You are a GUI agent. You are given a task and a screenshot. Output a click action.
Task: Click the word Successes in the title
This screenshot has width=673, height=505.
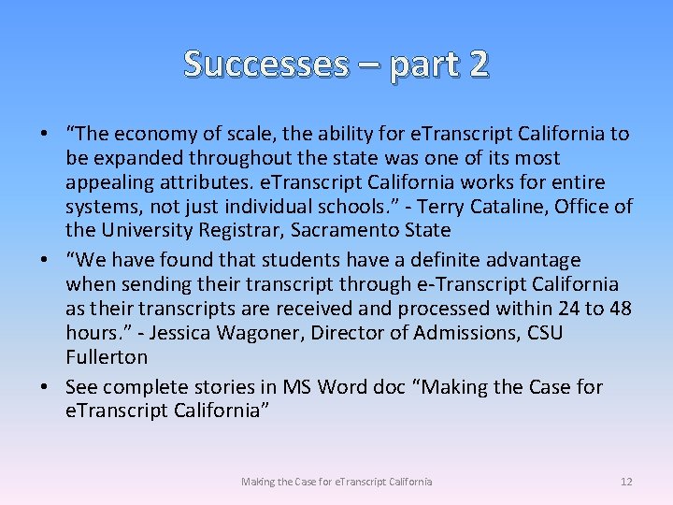(x=265, y=64)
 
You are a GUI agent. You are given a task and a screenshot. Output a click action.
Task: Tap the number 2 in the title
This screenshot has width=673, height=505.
(x=477, y=64)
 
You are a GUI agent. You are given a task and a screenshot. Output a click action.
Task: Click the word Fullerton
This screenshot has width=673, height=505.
(x=107, y=357)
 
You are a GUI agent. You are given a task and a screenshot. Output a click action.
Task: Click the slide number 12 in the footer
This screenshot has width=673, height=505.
(x=626, y=482)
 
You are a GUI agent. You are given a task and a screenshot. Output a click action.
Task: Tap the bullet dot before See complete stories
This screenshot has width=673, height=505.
(x=44, y=387)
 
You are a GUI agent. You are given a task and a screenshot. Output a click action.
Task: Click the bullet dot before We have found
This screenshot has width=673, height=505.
(x=44, y=260)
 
